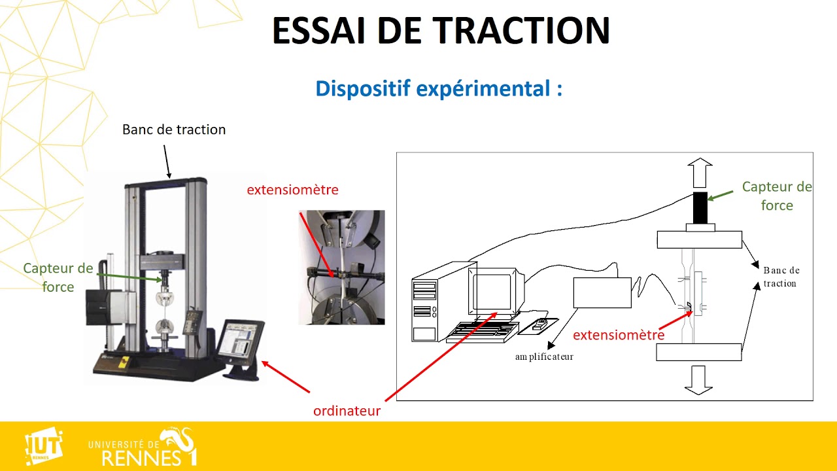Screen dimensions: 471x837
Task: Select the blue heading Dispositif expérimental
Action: (x=438, y=88)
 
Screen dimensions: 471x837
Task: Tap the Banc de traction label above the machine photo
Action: (x=174, y=130)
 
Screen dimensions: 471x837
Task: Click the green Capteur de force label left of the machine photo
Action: (x=58, y=277)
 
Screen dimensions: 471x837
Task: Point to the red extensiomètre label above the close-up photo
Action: (x=292, y=190)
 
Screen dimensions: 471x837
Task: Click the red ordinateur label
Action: (x=347, y=411)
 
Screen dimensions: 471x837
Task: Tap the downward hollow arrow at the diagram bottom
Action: (x=698, y=379)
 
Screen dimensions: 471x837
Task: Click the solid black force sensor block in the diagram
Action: (x=700, y=207)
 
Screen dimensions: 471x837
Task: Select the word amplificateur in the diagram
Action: (x=544, y=357)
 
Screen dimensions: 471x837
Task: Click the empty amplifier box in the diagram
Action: (x=602, y=292)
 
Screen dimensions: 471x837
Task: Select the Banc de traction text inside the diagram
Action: (x=781, y=277)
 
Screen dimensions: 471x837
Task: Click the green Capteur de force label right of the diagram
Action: (x=777, y=196)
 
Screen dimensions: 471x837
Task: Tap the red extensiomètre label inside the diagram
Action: (x=618, y=335)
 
